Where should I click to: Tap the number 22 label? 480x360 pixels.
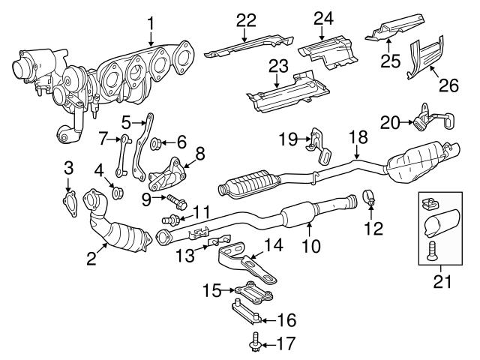[x=246, y=21]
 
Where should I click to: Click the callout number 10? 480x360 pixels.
[x=311, y=244]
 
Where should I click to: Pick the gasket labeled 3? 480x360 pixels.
[x=69, y=199]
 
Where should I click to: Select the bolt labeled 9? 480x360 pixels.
[x=177, y=200]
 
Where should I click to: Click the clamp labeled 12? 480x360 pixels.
[x=370, y=199]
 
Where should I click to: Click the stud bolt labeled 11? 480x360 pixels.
[x=171, y=220]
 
